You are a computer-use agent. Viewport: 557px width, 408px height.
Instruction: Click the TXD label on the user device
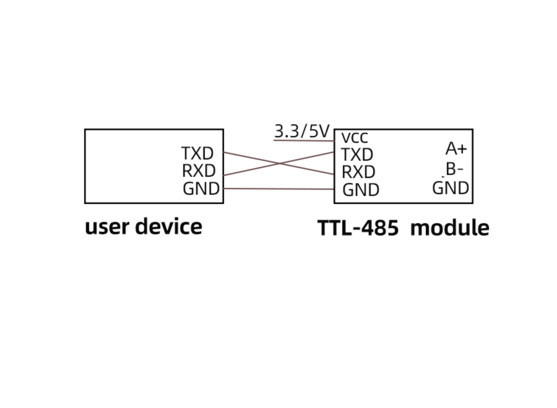tap(197, 153)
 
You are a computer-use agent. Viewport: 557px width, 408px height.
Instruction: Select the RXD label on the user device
tap(198, 171)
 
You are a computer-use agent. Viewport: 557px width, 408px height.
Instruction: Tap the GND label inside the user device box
tap(201, 189)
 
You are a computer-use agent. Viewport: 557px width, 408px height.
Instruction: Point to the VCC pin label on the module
tap(355, 138)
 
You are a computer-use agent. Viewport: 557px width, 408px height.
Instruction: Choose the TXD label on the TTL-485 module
tap(357, 155)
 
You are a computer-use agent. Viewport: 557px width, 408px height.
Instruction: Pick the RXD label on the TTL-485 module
tap(358, 172)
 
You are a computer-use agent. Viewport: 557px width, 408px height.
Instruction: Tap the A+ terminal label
tap(456, 148)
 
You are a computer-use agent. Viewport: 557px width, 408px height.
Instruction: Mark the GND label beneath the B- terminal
tap(451, 188)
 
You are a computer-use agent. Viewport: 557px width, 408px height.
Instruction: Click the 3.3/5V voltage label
tap(301, 131)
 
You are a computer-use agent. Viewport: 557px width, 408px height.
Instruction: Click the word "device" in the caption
tap(168, 227)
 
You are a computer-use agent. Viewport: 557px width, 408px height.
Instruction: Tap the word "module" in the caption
tap(450, 228)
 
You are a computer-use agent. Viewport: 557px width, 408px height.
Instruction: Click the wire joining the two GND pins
tap(278, 189)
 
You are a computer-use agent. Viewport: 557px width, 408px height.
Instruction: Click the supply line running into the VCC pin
tap(303, 140)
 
